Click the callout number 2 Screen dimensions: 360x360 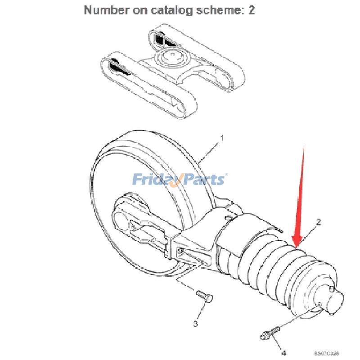(319, 221)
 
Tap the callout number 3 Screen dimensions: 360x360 (196, 323)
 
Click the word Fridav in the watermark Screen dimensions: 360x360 (156, 180)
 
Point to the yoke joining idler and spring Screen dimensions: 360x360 (202, 229)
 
